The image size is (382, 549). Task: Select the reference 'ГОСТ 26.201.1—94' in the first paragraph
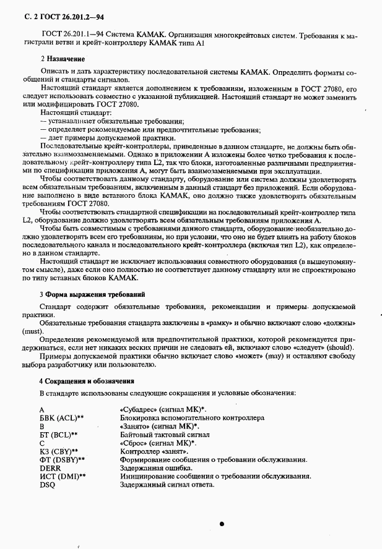72,35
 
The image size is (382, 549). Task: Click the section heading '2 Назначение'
63,59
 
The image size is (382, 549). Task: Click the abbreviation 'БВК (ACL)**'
61,418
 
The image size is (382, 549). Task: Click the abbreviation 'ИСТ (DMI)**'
62,477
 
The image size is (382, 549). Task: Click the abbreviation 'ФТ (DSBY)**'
62,460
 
